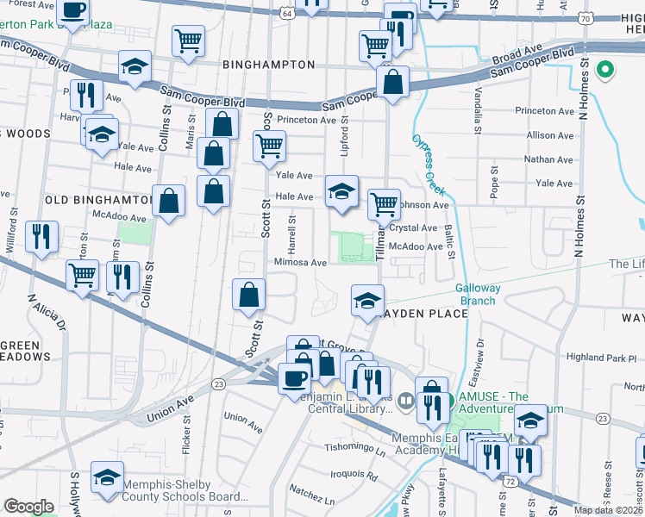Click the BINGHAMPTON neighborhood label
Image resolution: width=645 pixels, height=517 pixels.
pos(256,65)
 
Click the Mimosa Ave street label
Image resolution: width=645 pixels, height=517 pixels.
pos(300,263)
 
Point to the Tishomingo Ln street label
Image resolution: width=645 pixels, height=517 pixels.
pos(354,448)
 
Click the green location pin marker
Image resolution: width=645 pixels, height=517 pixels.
pos(606,69)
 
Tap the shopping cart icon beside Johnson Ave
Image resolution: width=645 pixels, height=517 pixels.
pos(384,205)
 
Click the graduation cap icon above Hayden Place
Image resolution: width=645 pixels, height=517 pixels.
pos(367,301)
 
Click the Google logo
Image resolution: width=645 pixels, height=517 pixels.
pos(28,507)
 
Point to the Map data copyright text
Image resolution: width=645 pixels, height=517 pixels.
pos(609,510)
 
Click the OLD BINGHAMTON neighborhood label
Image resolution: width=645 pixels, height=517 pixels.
pos(97,200)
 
